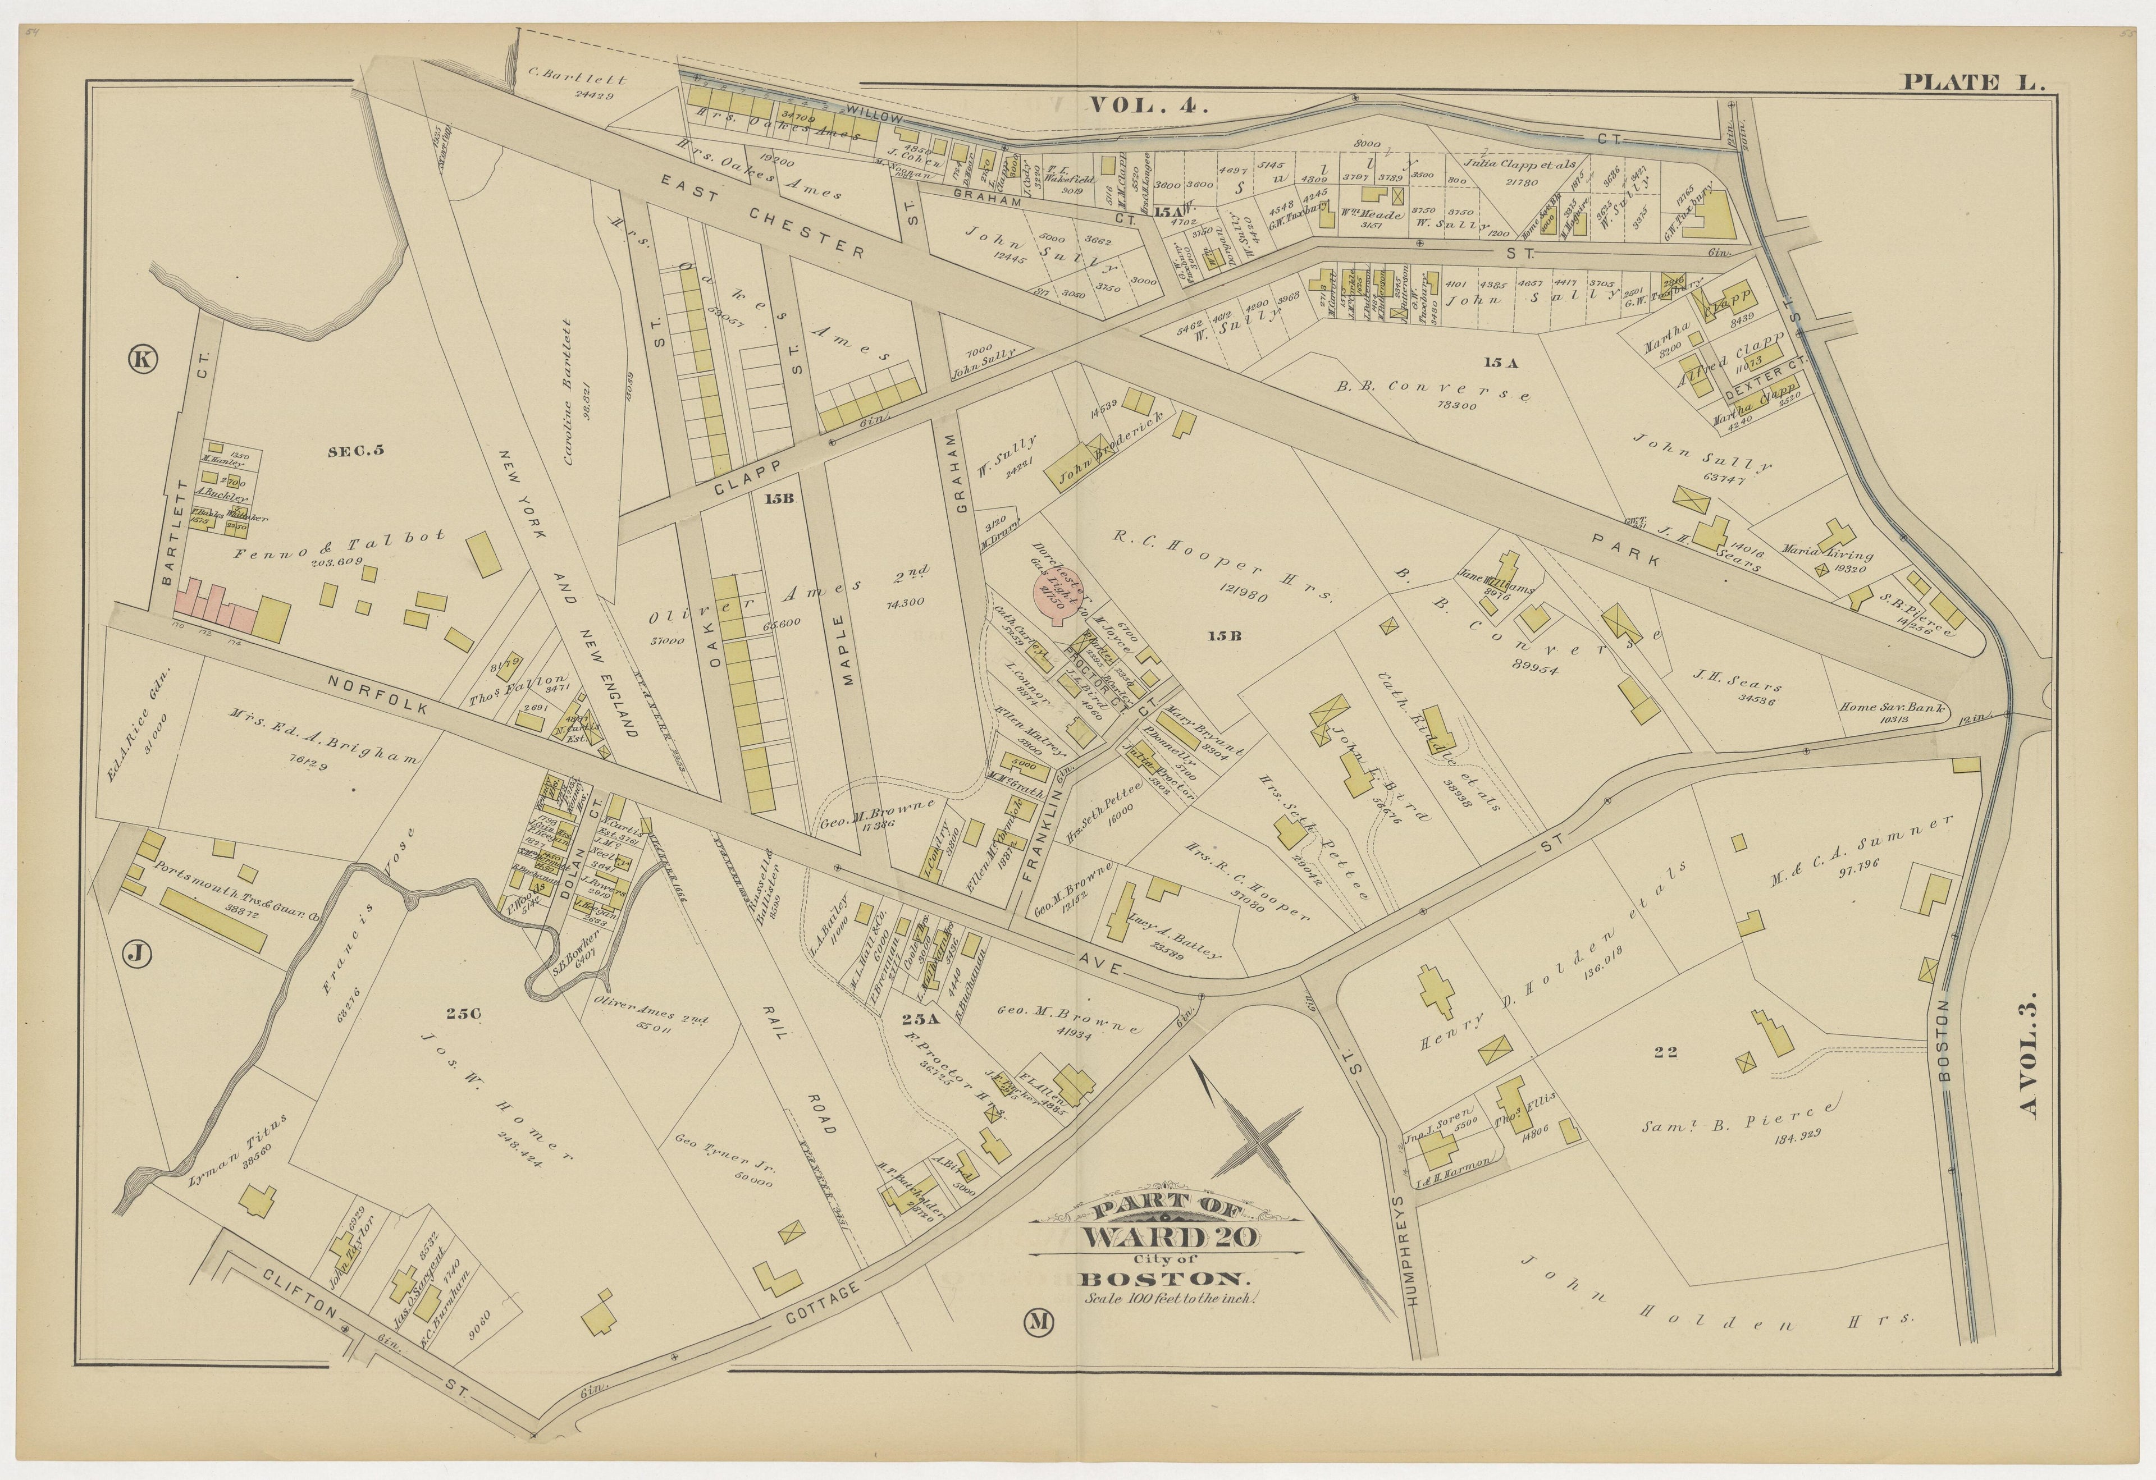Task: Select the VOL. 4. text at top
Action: tap(1149, 105)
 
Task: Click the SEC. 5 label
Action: tap(355, 452)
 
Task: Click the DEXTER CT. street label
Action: tap(1761, 382)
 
